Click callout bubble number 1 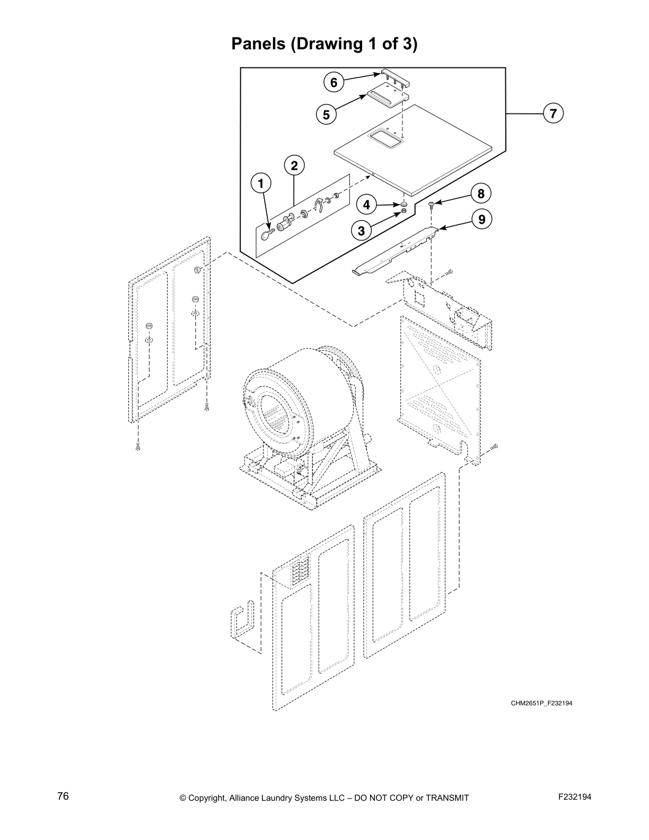point(260,184)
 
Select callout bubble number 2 point(294,165)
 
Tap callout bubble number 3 point(361,231)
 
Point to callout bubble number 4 point(366,204)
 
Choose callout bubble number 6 point(334,82)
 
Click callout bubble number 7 point(553,113)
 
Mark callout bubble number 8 point(480,194)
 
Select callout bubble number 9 point(481,219)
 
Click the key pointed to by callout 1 point(267,234)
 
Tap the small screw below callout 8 point(431,205)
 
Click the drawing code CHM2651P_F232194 point(541,703)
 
